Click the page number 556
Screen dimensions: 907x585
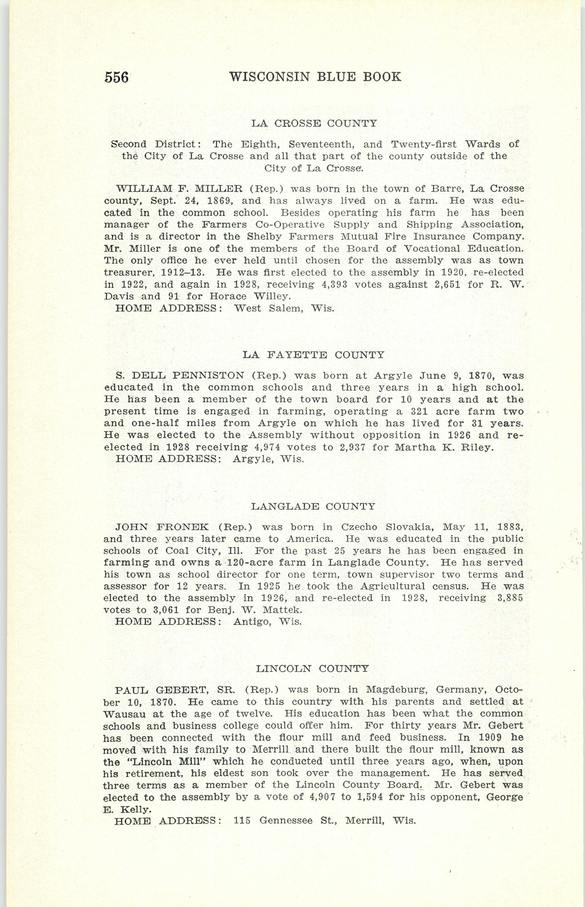pyautogui.click(x=116, y=77)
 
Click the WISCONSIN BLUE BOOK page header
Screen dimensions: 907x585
pyautogui.click(x=315, y=77)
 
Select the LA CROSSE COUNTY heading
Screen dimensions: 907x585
pyautogui.click(x=314, y=123)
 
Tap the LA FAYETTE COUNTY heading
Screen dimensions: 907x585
pyautogui.click(x=313, y=355)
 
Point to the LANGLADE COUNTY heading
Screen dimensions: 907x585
pyautogui.click(x=313, y=506)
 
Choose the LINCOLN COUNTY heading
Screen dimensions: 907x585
pyautogui.click(x=312, y=669)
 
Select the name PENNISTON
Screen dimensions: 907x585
pyautogui.click(x=208, y=376)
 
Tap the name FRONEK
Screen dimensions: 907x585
pyautogui.click(x=183, y=527)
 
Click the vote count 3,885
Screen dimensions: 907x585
pyautogui.click(x=510, y=598)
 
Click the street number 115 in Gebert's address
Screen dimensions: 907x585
pyautogui.click(x=242, y=821)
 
